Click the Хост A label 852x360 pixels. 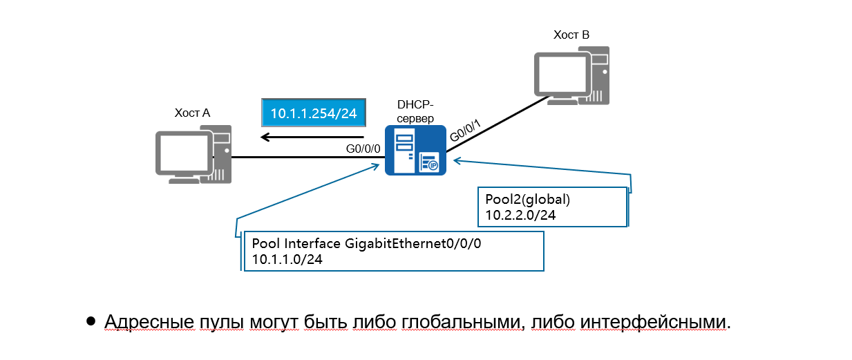[x=192, y=113]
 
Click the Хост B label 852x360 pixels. [x=571, y=35]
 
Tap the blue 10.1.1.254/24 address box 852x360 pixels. [x=313, y=113]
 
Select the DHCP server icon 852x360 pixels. [x=415, y=150]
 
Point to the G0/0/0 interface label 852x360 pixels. [x=362, y=148]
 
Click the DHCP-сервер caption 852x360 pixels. [x=415, y=111]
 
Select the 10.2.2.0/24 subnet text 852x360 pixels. [x=517, y=216]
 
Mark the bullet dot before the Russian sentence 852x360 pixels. [x=91, y=321]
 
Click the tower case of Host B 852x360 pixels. [x=598, y=75]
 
